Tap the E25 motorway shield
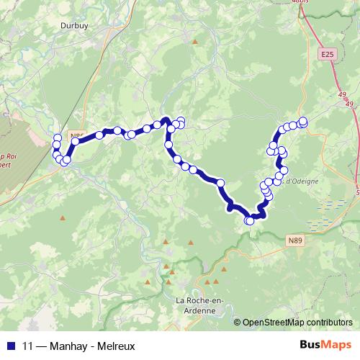pyautogui.click(x=328, y=55)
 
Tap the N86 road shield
pyautogui.click(x=76, y=134)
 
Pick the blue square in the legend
pyautogui.click(x=10, y=345)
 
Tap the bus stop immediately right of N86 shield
pyautogui.click(x=99, y=135)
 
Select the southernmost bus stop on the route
pyautogui.click(x=251, y=221)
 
